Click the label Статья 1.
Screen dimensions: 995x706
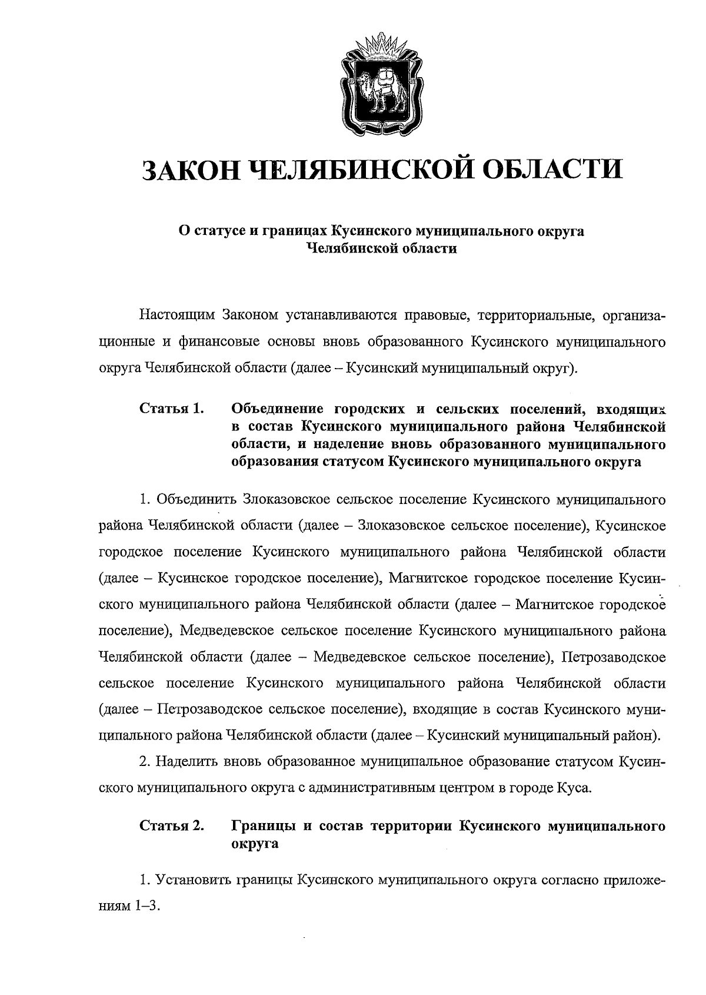171,408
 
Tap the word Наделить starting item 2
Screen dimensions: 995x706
187,761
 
